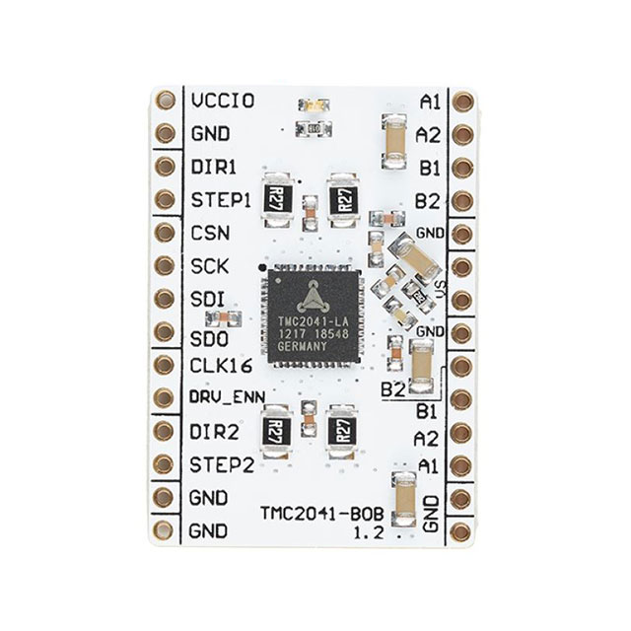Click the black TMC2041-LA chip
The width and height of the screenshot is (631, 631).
point(313,315)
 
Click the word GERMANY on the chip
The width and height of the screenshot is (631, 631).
point(313,348)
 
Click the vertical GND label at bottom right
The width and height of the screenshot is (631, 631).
point(431,514)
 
